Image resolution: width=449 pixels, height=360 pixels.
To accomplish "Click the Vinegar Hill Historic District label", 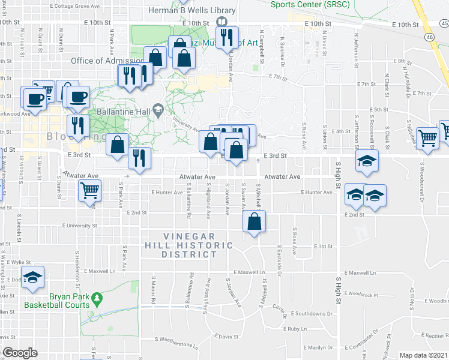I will click(189, 245).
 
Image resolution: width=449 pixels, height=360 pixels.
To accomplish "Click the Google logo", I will click(19, 353).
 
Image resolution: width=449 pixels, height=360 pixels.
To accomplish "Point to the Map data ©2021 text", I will click(424, 355).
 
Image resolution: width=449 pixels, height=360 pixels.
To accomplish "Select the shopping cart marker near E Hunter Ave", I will click(89, 191).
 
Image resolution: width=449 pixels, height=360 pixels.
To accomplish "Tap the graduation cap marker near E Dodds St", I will click(34, 277).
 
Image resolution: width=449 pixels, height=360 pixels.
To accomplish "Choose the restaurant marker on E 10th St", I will click(227, 38).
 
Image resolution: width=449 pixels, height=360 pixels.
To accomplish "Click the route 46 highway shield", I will click(430, 37).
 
